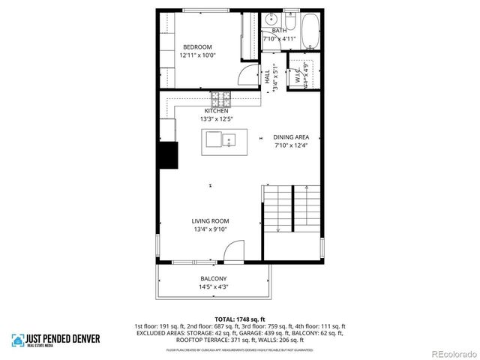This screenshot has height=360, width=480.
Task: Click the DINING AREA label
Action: coord(291,136)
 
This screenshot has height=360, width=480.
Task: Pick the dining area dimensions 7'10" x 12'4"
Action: coord(291,145)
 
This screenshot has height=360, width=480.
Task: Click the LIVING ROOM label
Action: coord(210,220)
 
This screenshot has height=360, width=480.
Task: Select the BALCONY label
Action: coord(214,278)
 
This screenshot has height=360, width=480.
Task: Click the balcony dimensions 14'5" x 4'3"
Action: coord(214,287)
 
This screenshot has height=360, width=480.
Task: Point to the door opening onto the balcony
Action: coord(235,252)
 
